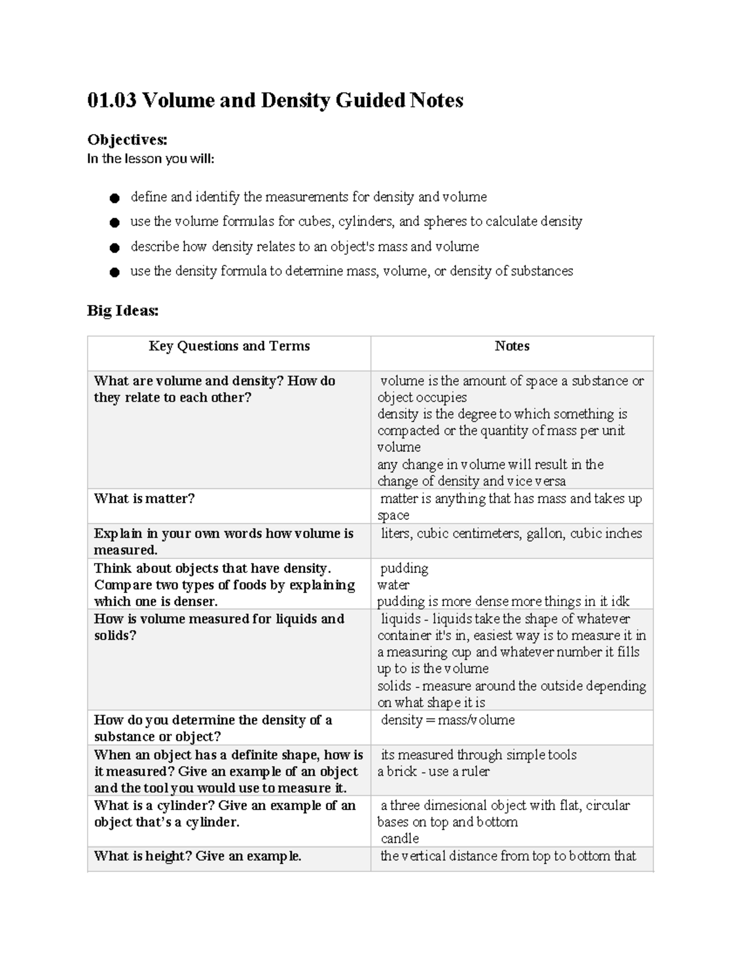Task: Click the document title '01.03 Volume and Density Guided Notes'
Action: pos(275,100)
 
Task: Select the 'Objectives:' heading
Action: pos(127,140)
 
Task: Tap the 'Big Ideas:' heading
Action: pos(122,311)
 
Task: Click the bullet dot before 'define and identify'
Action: pos(114,198)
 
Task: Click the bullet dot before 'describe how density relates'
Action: pos(114,248)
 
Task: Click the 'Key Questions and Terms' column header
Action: pos(229,346)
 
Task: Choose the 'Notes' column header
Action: pos(512,346)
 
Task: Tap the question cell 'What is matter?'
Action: pos(144,498)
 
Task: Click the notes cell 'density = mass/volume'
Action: pos(448,720)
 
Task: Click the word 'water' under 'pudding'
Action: pos(393,585)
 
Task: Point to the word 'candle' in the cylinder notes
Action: pos(400,839)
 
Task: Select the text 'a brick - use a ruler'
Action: pos(433,771)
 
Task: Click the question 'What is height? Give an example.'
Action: pos(198,856)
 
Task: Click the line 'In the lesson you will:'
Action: pos(151,159)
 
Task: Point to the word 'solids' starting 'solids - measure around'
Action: pos(394,686)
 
